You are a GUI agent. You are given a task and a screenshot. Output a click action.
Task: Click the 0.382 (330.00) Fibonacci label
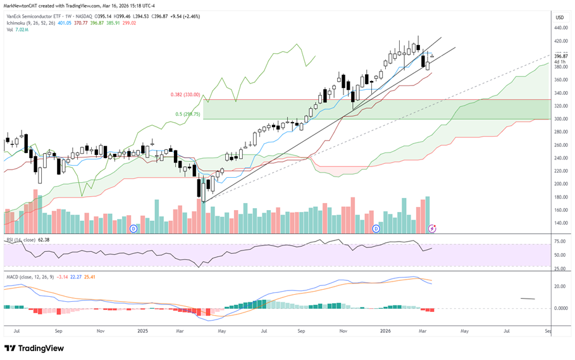click(x=185, y=94)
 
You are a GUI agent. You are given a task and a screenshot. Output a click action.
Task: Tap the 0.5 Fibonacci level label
click(x=188, y=114)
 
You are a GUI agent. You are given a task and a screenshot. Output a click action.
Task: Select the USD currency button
click(x=560, y=17)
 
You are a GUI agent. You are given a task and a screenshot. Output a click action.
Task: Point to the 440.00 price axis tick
click(x=561, y=28)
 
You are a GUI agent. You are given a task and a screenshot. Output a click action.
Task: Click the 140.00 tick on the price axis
click(x=561, y=223)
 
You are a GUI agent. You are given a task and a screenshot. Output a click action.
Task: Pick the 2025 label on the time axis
click(x=143, y=331)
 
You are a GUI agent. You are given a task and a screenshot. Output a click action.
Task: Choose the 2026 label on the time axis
click(x=385, y=331)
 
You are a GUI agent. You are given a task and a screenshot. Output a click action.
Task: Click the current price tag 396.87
click(x=561, y=56)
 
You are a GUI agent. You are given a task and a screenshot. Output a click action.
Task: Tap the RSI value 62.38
click(x=44, y=240)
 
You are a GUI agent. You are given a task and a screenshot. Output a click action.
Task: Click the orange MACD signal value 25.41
click(x=90, y=276)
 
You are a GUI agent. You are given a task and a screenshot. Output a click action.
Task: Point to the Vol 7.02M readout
click(x=17, y=30)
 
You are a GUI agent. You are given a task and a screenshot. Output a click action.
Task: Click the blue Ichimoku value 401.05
click(x=65, y=23)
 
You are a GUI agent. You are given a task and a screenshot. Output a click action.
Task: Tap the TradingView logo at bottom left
click(x=34, y=348)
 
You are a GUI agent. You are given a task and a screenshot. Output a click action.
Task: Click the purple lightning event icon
click(x=432, y=229)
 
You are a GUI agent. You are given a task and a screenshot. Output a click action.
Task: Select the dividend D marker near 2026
click(x=376, y=229)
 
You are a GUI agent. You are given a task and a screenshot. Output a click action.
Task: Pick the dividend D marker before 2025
click(x=133, y=229)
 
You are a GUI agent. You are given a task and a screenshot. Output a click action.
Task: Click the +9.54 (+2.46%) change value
click(x=185, y=16)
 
